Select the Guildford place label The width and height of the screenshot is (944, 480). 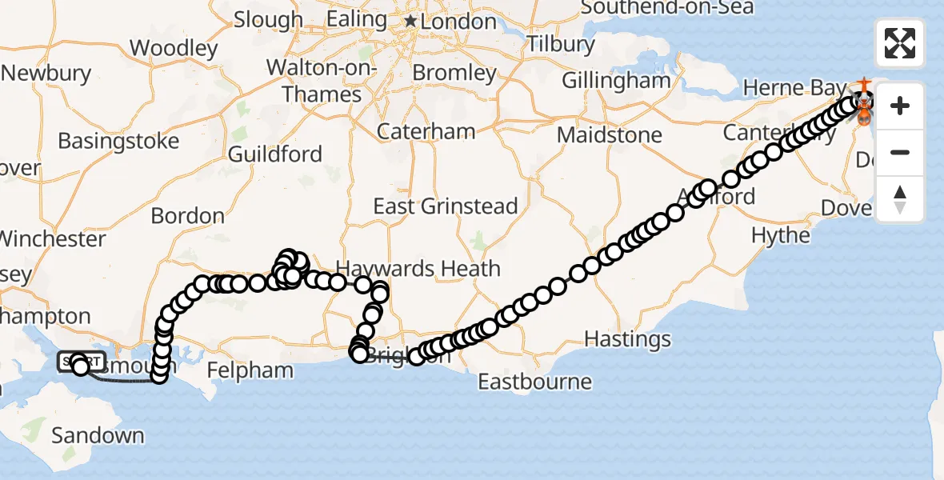click(275, 154)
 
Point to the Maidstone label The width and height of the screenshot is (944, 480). click(610, 134)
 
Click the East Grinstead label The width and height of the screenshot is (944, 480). click(446, 206)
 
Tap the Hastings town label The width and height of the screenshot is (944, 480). click(627, 340)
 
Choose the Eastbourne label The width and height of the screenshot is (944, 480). click(534, 382)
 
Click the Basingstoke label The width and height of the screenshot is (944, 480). click(118, 142)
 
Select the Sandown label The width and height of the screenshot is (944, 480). click(98, 436)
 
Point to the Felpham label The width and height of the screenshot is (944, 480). click(250, 370)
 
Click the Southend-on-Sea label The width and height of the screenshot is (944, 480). click(666, 8)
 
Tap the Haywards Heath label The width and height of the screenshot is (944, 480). click(418, 269)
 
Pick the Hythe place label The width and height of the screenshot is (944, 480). click(780, 235)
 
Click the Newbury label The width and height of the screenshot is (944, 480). click(46, 74)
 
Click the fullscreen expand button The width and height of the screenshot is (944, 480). click(900, 43)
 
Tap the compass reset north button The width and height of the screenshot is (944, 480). click(900, 199)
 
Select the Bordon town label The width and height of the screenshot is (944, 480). click(188, 216)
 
